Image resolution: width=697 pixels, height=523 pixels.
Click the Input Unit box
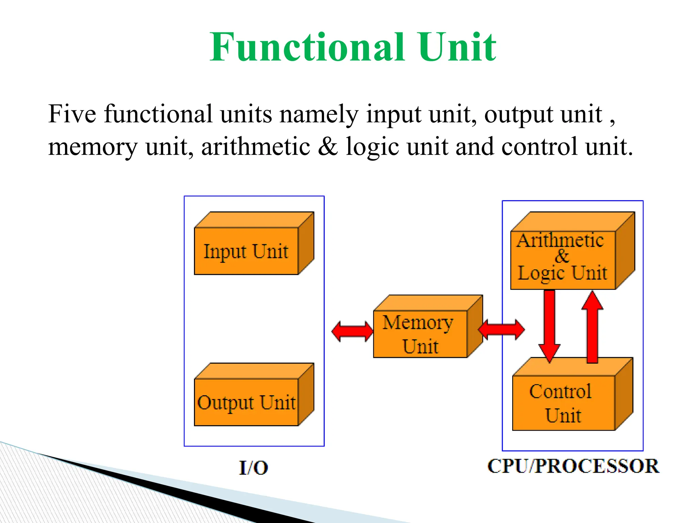[x=246, y=251]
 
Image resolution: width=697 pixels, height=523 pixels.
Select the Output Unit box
[x=246, y=402]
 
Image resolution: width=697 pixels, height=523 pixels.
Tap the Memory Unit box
[x=420, y=334]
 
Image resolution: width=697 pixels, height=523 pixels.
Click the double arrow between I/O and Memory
[x=352, y=331]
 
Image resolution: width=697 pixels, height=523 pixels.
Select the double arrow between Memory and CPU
[x=501, y=330]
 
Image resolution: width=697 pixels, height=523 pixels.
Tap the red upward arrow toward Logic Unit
[x=592, y=327]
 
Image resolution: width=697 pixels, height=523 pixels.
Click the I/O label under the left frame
[x=254, y=468]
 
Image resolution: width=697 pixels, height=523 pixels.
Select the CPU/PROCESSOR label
[x=573, y=466]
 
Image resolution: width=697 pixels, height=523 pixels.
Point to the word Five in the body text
[x=72, y=114]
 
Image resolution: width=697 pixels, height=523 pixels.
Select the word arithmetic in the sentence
[x=256, y=147]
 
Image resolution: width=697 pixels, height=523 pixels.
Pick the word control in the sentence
[x=539, y=147]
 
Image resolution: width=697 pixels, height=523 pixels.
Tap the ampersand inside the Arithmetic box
[x=562, y=256]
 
